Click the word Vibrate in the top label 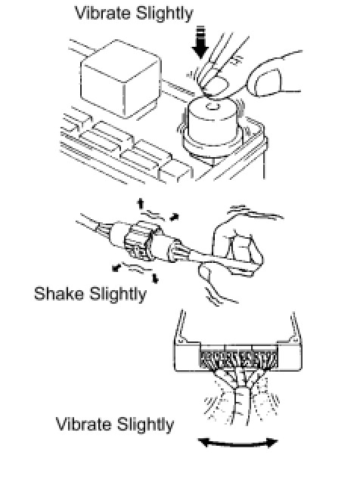(103, 13)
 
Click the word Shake (59, 294)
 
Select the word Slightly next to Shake (118, 295)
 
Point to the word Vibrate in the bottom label (84, 425)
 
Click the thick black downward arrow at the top (200, 42)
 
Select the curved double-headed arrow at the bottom (238, 443)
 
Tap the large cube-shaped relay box (121, 79)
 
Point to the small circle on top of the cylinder (212, 107)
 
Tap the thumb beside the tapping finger (265, 82)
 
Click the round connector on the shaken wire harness (140, 241)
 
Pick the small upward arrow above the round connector (141, 204)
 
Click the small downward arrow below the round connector (156, 278)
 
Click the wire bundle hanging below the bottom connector (241, 397)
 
